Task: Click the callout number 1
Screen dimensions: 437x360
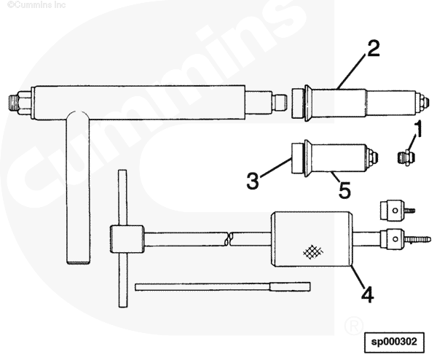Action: [417, 129]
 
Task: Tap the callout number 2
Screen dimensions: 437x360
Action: [374, 49]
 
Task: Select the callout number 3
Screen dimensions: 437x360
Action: [253, 181]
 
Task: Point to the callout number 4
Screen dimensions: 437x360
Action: [367, 294]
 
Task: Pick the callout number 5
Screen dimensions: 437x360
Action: [345, 189]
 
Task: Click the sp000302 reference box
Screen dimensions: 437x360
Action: [394, 342]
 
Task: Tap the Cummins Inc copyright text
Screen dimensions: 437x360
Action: [36, 5]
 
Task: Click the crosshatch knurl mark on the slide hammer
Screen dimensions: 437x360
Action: [312, 251]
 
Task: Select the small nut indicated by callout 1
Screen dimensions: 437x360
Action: [405, 157]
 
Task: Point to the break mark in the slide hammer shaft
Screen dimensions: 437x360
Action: [229, 239]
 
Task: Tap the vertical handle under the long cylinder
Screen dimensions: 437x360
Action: [79, 187]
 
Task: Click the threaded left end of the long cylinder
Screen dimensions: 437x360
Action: [14, 103]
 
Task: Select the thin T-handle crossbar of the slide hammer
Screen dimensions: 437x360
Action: [123, 238]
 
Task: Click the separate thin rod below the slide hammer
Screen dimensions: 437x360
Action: [222, 286]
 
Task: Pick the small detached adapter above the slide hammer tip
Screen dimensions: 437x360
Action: [397, 211]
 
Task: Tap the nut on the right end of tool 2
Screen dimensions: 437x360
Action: [422, 102]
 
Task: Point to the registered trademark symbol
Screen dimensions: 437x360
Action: [354, 325]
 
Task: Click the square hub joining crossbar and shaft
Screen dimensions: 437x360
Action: [127, 239]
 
